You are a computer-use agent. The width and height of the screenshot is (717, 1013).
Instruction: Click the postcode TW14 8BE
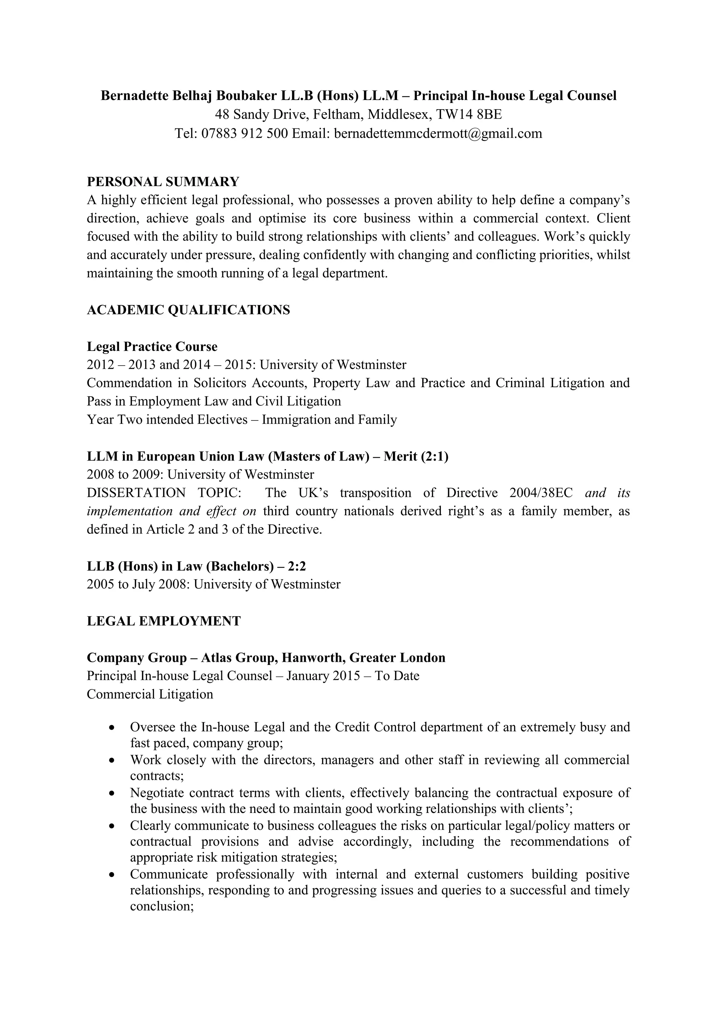[469, 115]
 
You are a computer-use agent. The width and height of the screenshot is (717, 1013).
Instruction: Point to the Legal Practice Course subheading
[152, 346]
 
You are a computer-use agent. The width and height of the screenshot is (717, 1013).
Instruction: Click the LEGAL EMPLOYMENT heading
[164, 621]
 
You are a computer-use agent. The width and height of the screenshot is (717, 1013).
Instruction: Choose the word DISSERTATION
[136, 493]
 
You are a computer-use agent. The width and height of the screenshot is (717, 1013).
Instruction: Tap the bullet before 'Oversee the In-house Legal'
[113, 727]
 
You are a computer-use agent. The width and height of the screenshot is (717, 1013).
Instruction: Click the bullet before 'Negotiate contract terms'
[113, 793]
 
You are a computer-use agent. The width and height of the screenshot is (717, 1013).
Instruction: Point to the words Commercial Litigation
[150, 694]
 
